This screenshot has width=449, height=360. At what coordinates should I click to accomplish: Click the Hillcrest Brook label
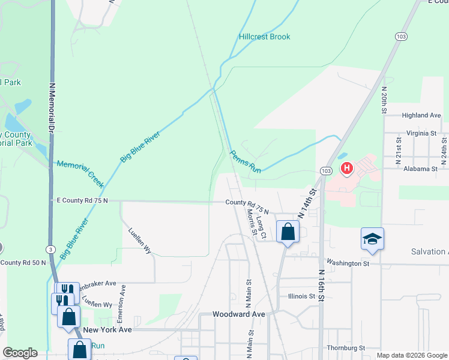coord(265,37)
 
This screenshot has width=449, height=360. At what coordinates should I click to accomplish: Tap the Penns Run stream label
coord(246,162)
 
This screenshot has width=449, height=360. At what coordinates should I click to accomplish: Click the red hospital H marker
coord(346,169)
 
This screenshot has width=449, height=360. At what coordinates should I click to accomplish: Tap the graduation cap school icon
coord(372,239)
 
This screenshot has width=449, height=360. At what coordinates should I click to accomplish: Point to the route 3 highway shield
coord(50,248)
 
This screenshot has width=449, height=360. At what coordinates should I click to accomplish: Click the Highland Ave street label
coord(421,115)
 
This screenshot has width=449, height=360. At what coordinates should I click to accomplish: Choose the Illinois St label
coord(301,296)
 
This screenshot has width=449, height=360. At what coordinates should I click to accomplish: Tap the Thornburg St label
coord(346,348)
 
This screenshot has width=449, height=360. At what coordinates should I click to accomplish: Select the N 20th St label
coord(384,100)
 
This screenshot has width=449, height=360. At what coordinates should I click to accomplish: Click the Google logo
coord(20,353)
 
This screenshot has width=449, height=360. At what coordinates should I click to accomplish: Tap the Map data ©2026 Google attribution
coord(411,355)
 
